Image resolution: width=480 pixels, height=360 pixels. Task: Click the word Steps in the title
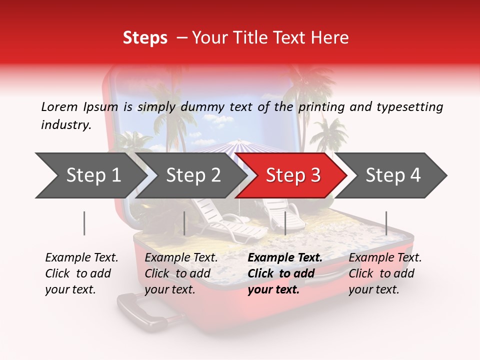click(145, 38)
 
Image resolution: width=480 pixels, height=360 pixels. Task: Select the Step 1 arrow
click(90, 175)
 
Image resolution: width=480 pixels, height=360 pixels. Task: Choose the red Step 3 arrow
click(292, 175)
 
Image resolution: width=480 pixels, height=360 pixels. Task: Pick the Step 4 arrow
click(393, 175)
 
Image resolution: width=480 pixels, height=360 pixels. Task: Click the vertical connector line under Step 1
click(84, 223)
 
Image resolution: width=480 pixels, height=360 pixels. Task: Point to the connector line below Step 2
click(184, 223)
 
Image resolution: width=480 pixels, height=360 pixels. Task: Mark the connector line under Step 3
click(285, 223)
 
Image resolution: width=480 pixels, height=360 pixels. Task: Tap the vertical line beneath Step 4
click(386, 223)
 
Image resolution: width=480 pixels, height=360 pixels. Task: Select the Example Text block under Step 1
click(81, 273)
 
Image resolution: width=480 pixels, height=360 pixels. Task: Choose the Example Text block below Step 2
click(181, 273)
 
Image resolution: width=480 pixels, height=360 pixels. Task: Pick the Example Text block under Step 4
click(385, 273)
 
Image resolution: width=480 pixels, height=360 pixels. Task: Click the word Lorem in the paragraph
click(59, 106)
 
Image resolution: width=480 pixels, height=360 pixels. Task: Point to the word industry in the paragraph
click(66, 125)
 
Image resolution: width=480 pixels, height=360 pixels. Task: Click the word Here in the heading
click(329, 38)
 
